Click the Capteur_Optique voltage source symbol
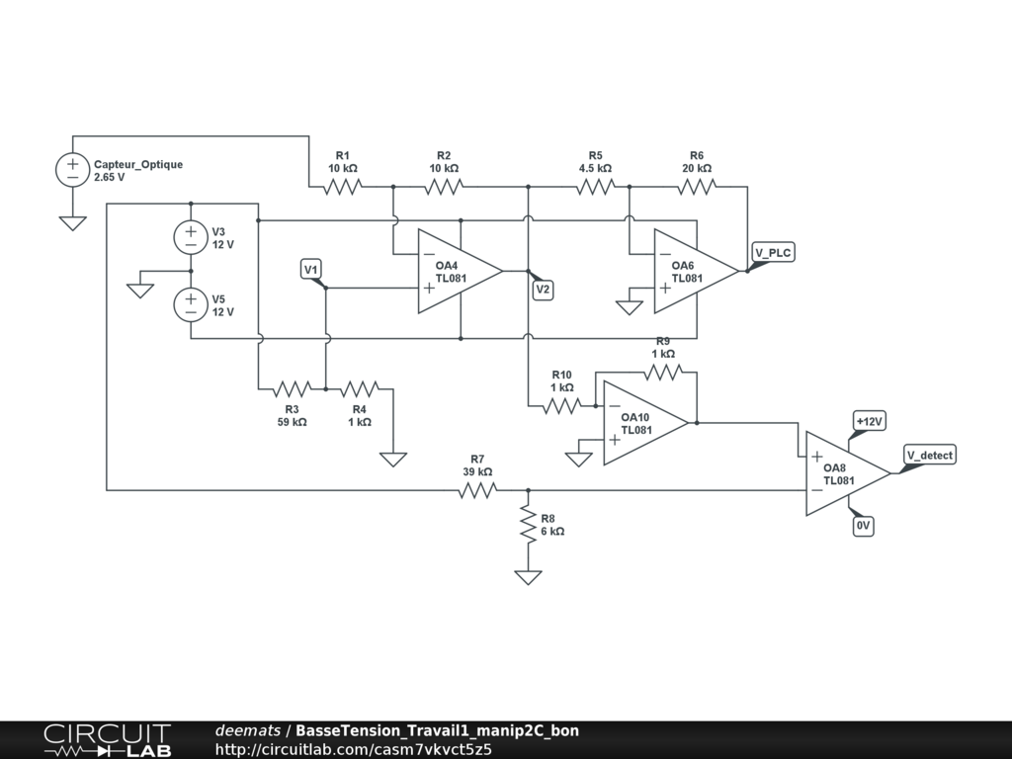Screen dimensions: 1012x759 click(73, 170)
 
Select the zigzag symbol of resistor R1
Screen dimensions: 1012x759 click(342, 187)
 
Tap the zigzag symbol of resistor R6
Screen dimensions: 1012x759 click(697, 187)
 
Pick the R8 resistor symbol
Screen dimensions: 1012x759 click(528, 524)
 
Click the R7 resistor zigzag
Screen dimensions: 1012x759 click(477, 490)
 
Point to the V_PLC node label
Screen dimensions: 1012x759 click(773, 252)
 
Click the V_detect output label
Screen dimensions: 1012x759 click(929, 455)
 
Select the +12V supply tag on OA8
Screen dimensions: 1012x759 click(869, 421)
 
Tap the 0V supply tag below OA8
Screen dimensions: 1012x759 click(863, 526)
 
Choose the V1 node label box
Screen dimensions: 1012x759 click(311, 269)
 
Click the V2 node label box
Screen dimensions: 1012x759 click(543, 290)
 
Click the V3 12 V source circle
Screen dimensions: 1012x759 click(191, 237)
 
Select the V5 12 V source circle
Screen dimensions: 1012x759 click(191, 304)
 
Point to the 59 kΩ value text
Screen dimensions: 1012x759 click(292, 422)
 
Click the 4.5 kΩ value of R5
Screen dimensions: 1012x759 click(595, 168)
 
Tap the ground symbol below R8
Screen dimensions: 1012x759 click(528, 577)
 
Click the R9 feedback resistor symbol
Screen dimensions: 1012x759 click(663, 373)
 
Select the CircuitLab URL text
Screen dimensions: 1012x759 click(353, 749)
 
